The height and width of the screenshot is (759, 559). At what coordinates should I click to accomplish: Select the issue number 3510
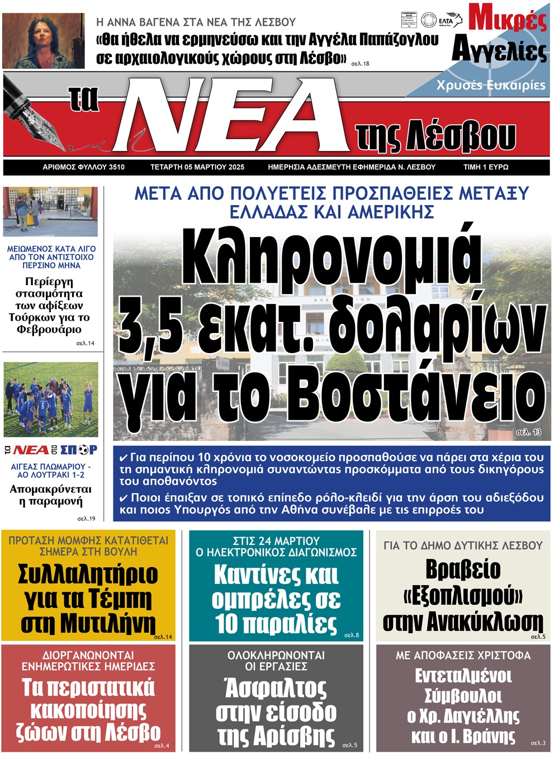[x=117, y=167]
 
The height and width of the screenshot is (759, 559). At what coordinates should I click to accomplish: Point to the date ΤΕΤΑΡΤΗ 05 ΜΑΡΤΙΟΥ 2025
[x=197, y=167]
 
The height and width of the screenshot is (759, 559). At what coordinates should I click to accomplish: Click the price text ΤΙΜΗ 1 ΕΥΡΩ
[x=486, y=167]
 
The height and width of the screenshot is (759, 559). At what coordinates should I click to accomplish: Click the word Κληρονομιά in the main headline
[x=331, y=257]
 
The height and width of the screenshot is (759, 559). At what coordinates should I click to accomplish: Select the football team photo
[x=51, y=399]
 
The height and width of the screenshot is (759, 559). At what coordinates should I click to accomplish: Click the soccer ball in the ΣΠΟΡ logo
[x=83, y=450]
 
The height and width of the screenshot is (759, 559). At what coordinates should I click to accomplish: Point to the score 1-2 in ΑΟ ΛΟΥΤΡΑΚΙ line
[x=78, y=475]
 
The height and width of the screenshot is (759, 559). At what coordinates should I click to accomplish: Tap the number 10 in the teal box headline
[x=226, y=624]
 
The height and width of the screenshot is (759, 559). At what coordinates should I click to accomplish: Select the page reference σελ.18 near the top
[x=360, y=64]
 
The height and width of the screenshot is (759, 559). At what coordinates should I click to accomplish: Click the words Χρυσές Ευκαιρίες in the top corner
[x=491, y=85]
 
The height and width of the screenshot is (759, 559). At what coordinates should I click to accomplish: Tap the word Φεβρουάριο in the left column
[x=49, y=329]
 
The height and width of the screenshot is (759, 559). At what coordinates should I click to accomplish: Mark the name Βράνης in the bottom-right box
[x=490, y=736]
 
